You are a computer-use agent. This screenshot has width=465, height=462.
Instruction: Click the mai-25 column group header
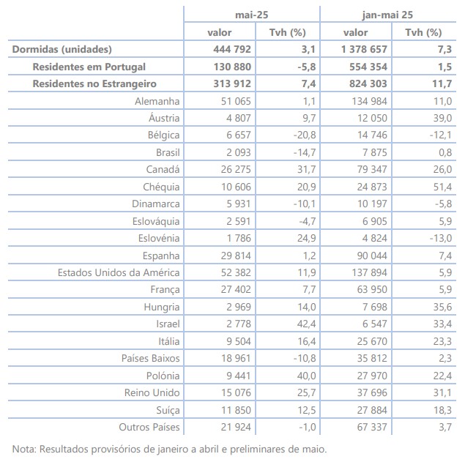click(252, 14)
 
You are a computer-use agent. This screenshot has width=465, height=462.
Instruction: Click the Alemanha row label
click(157, 101)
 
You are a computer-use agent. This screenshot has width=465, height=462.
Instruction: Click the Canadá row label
click(163, 169)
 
